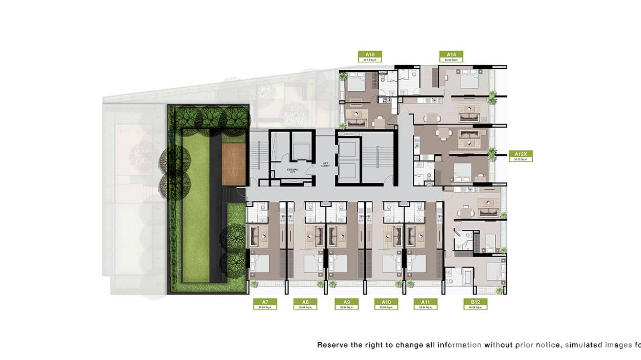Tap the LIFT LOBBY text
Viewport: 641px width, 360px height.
[326, 165]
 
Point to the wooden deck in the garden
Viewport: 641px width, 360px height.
[234, 164]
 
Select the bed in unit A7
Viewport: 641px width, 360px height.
[259, 264]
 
